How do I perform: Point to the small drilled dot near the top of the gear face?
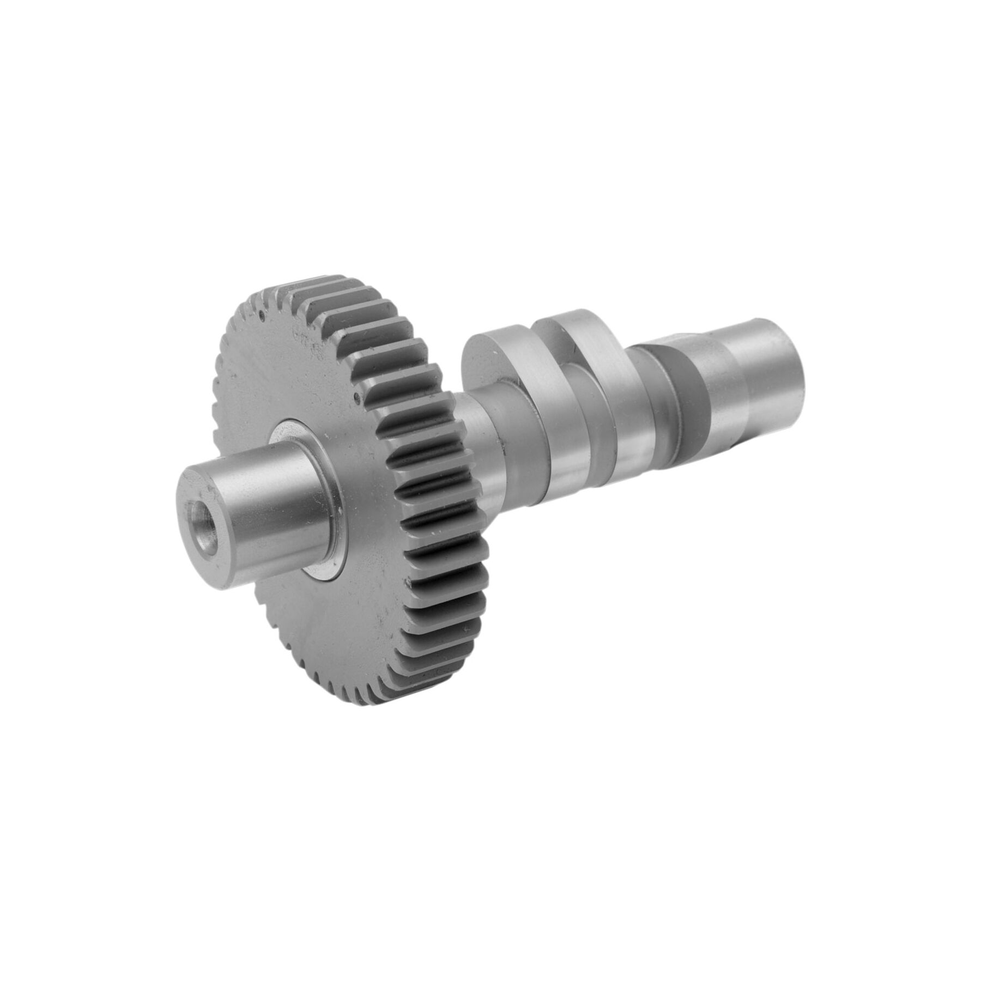click(x=263, y=314)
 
